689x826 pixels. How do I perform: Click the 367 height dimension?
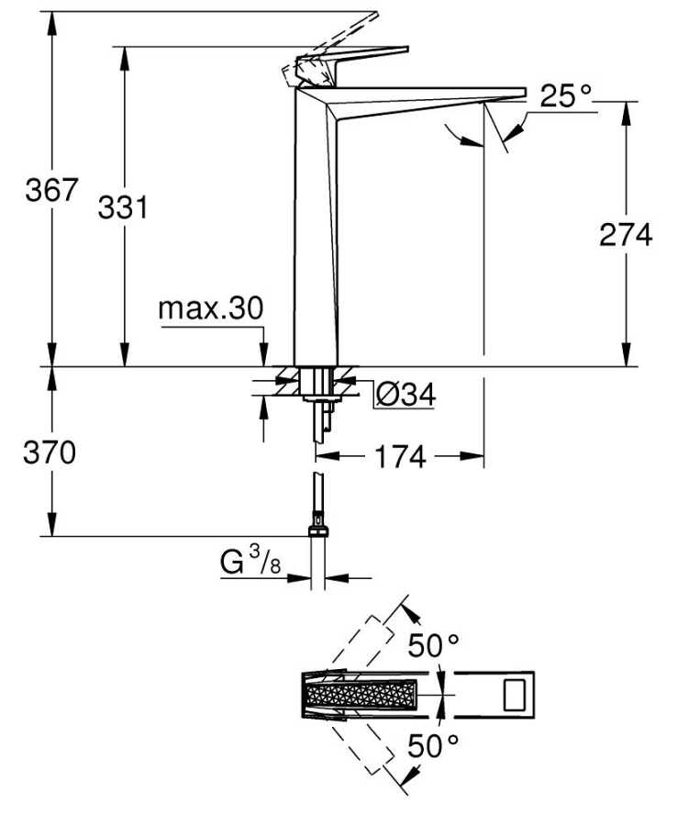(x=51, y=190)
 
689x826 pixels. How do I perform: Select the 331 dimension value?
(x=123, y=207)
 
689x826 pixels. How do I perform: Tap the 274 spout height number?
(x=626, y=235)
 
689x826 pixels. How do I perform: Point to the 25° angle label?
(x=565, y=96)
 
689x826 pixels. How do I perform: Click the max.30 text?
(x=210, y=308)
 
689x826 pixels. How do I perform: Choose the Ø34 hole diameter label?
(x=406, y=394)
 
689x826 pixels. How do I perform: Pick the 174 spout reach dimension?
(x=400, y=456)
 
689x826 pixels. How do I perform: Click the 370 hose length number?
(x=50, y=452)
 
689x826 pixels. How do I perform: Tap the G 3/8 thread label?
(x=250, y=561)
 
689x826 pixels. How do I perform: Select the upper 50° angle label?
(x=434, y=645)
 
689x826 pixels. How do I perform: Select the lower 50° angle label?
(x=434, y=745)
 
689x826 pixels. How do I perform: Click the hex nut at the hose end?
(x=317, y=529)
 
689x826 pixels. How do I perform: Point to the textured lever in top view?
(x=360, y=695)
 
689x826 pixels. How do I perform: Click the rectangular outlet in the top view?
(x=516, y=695)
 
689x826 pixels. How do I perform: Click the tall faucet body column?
(x=315, y=227)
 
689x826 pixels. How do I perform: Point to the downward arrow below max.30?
(x=263, y=353)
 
